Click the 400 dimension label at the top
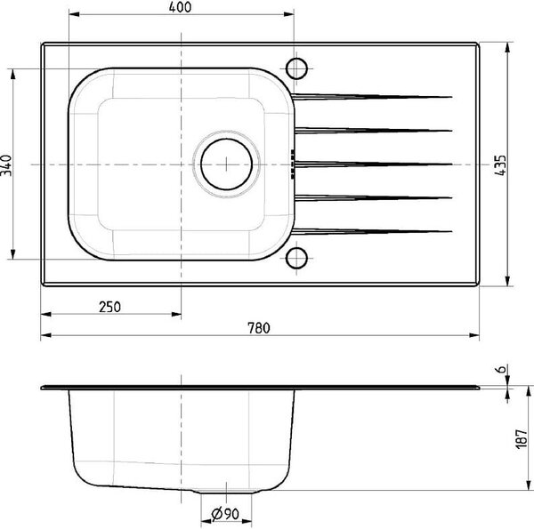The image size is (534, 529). tap(180, 7)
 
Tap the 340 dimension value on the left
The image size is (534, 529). tap(6, 165)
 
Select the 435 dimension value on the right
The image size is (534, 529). tap(500, 165)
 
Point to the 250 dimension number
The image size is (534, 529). tap(109, 307)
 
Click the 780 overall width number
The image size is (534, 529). tap(259, 328)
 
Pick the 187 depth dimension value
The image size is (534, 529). tap(521, 439)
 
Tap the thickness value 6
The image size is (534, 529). tap(502, 369)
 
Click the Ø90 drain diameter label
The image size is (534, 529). tap(225, 514)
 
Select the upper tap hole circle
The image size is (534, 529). tap(296, 68)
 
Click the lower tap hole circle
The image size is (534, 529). tap(296, 258)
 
